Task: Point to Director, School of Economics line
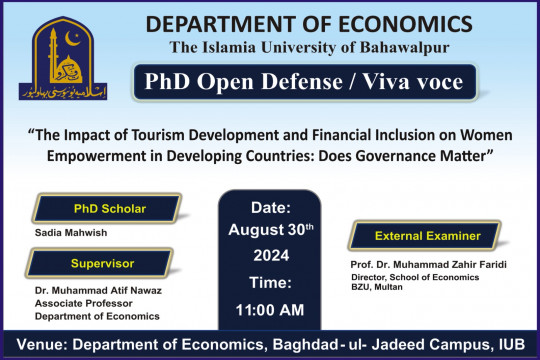tap(431, 273)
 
